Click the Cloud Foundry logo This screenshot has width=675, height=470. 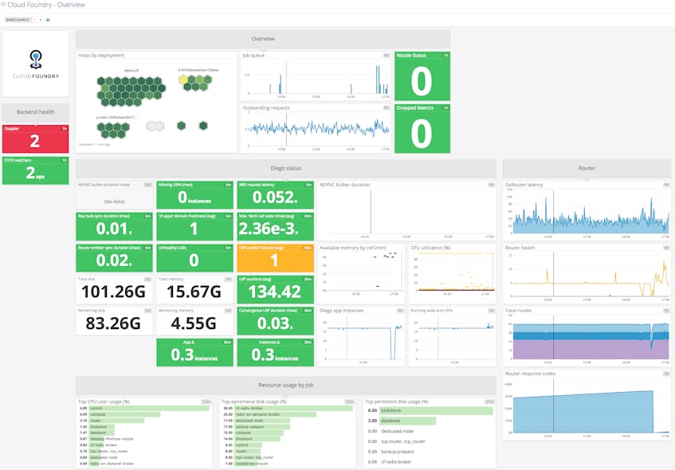pyautogui.click(x=36, y=64)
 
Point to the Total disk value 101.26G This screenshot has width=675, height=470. pyautogui.click(x=115, y=292)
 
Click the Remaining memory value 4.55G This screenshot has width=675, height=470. pyautogui.click(x=194, y=324)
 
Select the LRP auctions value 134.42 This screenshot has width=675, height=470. pyautogui.click(x=274, y=292)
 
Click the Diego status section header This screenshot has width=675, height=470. pyautogui.click(x=285, y=168)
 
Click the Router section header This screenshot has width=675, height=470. pyautogui.click(x=587, y=168)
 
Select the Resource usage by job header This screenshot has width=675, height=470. pyautogui.click(x=285, y=385)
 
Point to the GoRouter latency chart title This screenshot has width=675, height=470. pyautogui.click(x=524, y=185)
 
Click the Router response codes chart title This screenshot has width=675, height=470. pyautogui.click(x=530, y=373)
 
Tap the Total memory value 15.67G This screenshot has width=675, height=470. pyautogui.click(x=194, y=292)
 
